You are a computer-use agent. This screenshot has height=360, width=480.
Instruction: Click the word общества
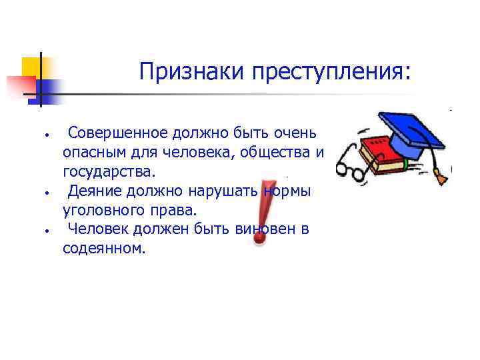click(x=274, y=153)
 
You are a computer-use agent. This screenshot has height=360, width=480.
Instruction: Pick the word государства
click(x=108, y=172)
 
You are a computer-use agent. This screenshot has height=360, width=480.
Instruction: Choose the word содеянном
click(x=103, y=249)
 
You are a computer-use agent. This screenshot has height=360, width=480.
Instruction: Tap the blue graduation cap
click(x=410, y=133)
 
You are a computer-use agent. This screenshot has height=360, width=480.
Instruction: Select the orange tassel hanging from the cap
click(x=441, y=177)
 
